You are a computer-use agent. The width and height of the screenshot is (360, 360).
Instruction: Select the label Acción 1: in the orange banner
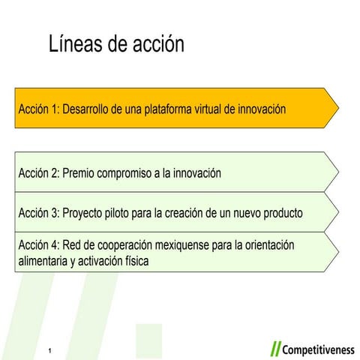[x=39, y=109]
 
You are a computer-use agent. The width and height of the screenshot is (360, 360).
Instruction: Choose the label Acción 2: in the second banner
[x=39, y=173]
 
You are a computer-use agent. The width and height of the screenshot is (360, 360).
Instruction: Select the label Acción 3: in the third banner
[x=39, y=213]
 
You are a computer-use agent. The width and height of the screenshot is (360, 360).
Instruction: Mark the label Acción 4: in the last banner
[x=39, y=245]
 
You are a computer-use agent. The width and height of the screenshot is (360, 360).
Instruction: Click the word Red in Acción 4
[x=73, y=245]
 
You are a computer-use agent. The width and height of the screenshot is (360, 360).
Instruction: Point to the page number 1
[x=49, y=351]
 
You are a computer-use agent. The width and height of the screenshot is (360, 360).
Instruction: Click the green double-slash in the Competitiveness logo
[x=275, y=349]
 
